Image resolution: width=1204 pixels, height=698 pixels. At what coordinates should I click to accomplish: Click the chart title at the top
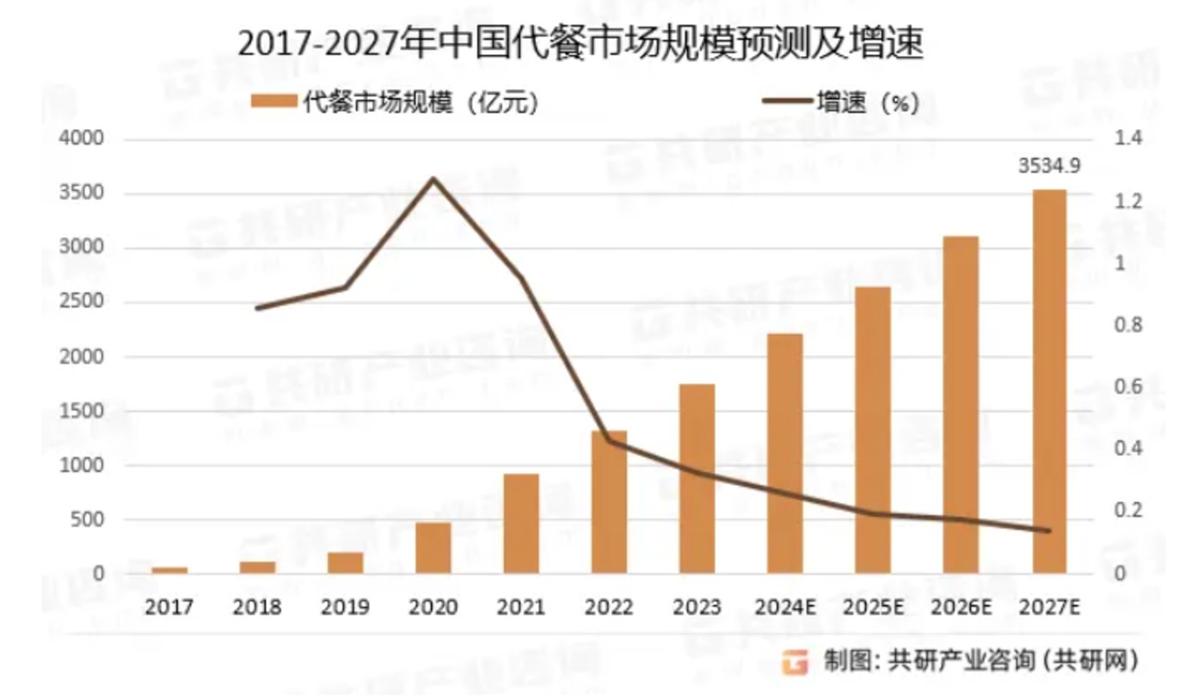point(580,45)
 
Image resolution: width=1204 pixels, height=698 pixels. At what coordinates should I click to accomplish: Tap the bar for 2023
point(697,478)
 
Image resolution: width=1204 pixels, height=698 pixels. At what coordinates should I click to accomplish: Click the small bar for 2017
point(169,570)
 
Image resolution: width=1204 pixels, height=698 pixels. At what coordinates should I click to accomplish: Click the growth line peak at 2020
point(433,180)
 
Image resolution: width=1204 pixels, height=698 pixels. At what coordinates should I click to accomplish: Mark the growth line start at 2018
point(257,308)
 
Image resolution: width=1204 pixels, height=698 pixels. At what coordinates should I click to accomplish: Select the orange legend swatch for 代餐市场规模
point(273,103)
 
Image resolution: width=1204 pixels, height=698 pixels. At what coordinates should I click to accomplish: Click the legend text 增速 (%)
point(868,103)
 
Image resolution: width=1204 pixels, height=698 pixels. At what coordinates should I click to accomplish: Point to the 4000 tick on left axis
point(83,139)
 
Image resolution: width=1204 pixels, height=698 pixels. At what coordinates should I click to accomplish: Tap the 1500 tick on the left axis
point(83,411)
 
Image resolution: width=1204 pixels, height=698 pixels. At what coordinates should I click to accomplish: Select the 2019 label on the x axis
point(345,608)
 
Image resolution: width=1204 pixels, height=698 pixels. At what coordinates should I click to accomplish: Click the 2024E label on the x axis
point(785,608)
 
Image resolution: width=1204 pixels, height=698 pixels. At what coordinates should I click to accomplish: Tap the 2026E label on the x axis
point(961,608)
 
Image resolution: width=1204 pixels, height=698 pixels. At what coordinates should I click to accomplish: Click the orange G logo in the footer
point(795,662)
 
